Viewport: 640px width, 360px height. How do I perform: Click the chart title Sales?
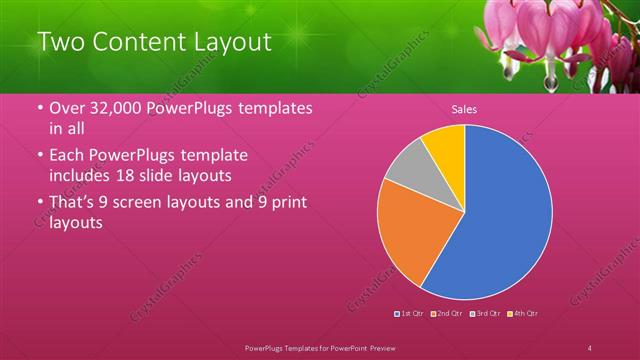(x=463, y=109)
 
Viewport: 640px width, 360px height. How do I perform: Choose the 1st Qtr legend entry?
(x=411, y=314)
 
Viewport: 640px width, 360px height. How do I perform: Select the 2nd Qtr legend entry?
(x=448, y=314)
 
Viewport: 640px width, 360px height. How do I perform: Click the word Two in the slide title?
(x=61, y=42)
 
